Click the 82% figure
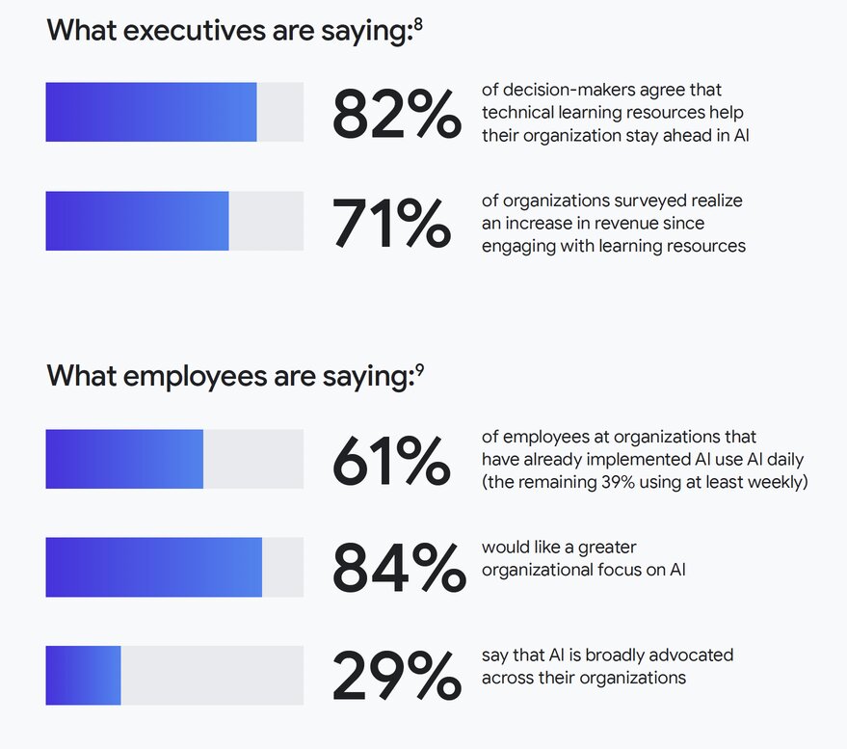point(396,113)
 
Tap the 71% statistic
point(391,222)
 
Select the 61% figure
point(391,460)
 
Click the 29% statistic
point(396,676)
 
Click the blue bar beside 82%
point(151,113)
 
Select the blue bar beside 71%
point(137,221)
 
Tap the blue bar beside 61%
point(124,459)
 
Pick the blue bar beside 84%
point(154,567)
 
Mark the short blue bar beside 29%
point(83,675)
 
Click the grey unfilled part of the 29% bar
point(212,675)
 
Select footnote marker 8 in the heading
point(418,21)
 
